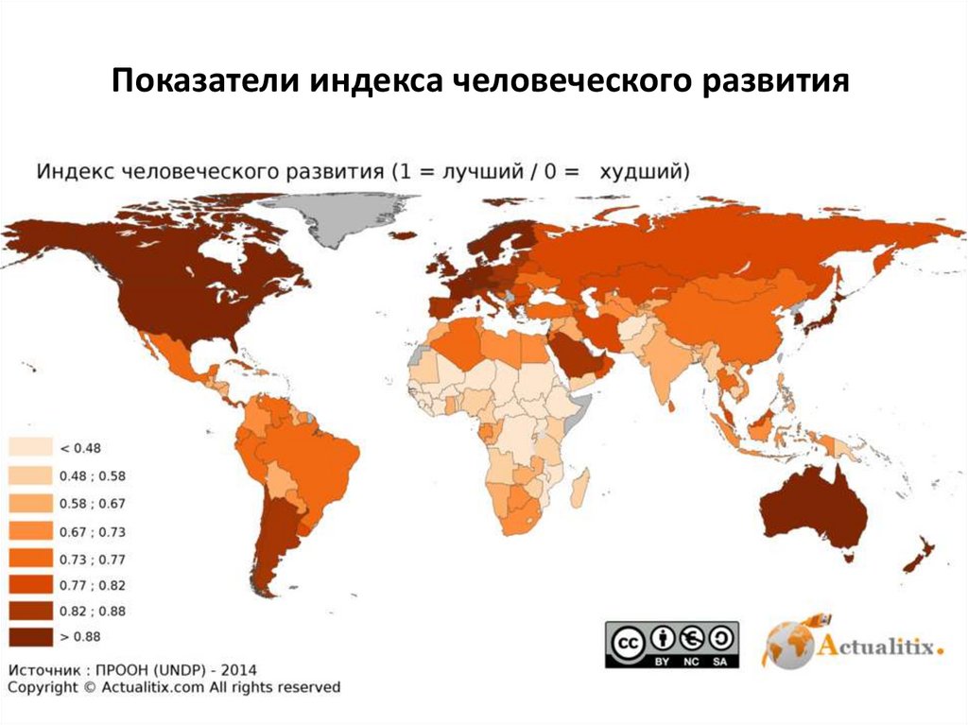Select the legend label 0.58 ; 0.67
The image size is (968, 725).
click(x=93, y=503)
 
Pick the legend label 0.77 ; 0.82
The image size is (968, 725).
click(x=93, y=585)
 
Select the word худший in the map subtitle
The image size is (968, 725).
click(x=646, y=171)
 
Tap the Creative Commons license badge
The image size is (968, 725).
click(x=671, y=644)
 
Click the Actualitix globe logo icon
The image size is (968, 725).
click(x=789, y=643)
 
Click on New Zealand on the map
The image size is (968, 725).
click(x=919, y=558)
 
